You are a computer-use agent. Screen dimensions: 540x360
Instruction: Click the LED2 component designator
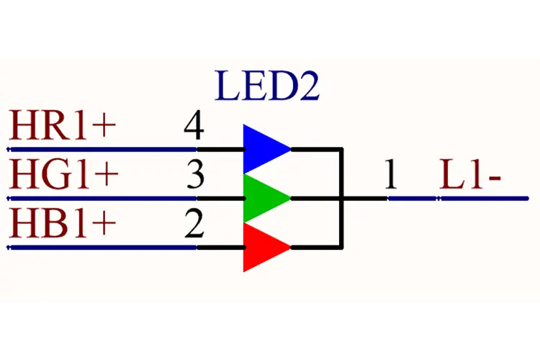[267, 86]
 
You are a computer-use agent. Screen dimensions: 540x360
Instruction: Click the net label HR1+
[63, 125]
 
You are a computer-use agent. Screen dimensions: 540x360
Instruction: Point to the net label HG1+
[63, 174]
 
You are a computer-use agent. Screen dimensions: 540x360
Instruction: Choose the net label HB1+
[63, 224]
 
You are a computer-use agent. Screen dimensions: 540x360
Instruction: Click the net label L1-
[470, 174]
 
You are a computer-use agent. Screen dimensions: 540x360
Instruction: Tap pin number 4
[194, 125]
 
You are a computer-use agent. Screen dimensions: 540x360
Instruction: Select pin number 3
[195, 175]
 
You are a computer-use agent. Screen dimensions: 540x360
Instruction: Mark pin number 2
[194, 224]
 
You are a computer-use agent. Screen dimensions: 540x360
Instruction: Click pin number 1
[391, 174]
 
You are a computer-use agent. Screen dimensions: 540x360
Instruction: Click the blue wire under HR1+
[102, 149]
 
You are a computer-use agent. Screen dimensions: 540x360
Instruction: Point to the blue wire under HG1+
[102, 199]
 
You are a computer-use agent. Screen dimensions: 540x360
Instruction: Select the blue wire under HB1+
[102, 248]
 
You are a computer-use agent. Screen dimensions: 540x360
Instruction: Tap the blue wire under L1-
[458, 199]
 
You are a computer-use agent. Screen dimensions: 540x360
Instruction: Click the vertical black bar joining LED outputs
[341, 198]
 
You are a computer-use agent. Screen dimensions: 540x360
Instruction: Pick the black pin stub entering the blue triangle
[221, 149]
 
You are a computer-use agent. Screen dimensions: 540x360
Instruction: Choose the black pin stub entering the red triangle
[221, 248]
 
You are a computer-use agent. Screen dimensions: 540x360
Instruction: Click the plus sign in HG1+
[107, 175]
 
